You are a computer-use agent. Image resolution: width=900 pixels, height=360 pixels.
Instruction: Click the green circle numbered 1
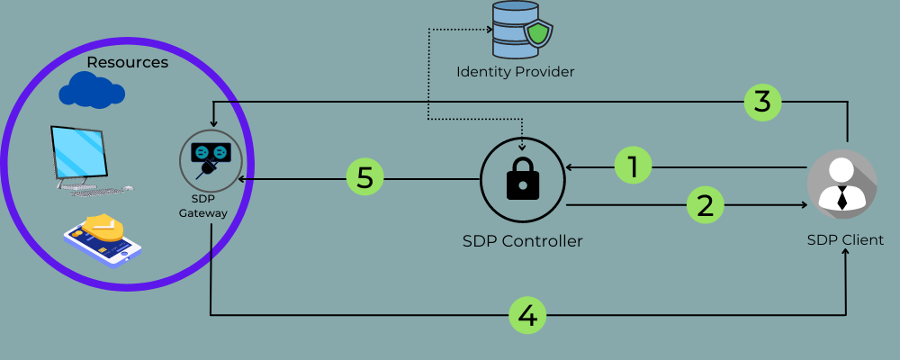[x=634, y=166]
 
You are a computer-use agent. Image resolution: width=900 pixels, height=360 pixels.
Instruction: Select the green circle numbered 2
[x=706, y=205]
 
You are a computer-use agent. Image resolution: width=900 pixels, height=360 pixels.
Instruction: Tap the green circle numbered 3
[x=762, y=102]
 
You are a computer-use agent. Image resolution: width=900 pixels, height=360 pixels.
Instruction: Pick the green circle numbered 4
[x=527, y=315]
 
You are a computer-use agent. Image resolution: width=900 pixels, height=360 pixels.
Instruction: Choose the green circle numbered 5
[x=365, y=178]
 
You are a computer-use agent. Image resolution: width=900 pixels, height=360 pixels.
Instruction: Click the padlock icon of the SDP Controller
[x=522, y=179]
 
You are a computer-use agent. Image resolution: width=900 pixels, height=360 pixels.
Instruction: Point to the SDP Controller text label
[x=522, y=241]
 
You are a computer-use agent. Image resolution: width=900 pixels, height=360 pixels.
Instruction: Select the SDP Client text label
[x=844, y=240]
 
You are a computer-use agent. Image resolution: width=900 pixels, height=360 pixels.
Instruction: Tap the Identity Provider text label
[x=515, y=70]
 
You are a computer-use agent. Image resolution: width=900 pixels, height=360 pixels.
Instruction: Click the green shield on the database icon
[x=537, y=35]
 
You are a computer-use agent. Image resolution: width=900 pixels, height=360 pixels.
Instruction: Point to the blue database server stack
[x=510, y=28]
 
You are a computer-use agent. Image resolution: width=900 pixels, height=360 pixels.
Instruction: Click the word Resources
[x=128, y=63]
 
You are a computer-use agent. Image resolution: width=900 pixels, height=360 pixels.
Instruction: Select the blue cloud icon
[x=91, y=90]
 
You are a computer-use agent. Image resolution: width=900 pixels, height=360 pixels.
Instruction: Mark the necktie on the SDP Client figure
[x=842, y=198]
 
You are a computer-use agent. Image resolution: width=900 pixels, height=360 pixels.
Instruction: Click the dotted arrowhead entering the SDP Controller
[x=523, y=147]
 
